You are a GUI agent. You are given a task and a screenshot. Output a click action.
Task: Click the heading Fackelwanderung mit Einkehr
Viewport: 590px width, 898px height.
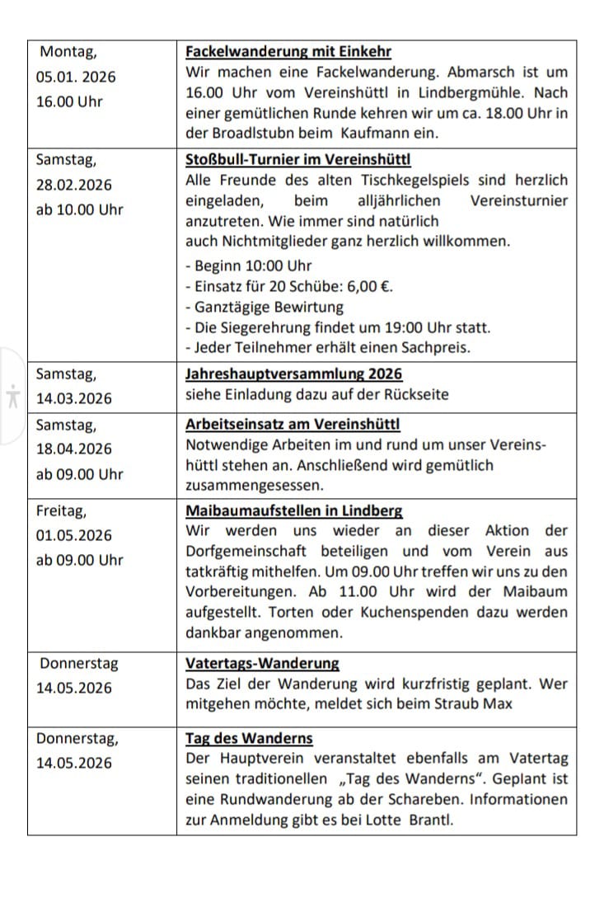pyautogui.click(x=288, y=52)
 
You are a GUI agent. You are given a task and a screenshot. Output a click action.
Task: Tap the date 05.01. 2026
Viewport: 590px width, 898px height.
pyautogui.click(x=77, y=78)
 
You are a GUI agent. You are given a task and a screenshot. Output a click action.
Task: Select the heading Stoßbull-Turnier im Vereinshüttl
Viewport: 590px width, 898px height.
pyautogui.click(x=298, y=159)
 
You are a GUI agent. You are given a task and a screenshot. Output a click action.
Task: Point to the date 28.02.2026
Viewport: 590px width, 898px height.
pyautogui.click(x=74, y=185)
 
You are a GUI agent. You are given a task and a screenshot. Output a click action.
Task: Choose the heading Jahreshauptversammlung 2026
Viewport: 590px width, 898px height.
pyautogui.click(x=294, y=374)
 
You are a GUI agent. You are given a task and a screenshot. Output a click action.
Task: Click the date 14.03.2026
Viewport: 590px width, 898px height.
pyautogui.click(x=74, y=399)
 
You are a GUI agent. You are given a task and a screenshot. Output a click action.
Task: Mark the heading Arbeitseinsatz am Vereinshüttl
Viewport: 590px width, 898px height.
pyautogui.click(x=293, y=425)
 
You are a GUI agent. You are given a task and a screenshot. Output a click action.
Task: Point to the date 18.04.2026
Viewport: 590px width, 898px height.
pyautogui.click(x=74, y=449)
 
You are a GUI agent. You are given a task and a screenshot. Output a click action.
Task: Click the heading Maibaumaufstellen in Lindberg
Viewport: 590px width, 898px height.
pyautogui.click(x=294, y=511)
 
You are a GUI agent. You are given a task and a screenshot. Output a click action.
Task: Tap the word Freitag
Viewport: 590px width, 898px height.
pyautogui.click(x=61, y=511)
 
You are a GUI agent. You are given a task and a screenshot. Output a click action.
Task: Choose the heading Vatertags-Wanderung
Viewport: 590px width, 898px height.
pyautogui.click(x=262, y=664)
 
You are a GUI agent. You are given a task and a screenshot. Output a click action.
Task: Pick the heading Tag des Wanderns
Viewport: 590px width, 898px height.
pyautogui.click(x=249, y=739)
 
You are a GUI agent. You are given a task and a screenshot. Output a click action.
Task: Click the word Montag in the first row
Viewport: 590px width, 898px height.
pyautogui.click(x=68, y=52)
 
